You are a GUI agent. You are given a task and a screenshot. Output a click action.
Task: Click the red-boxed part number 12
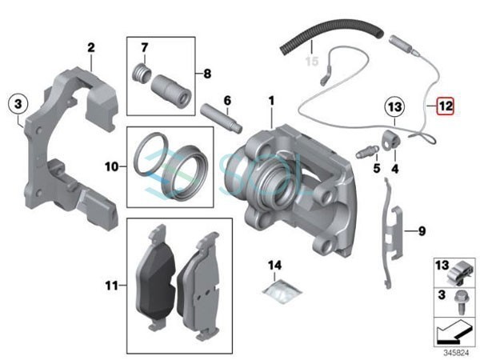click(444, 104)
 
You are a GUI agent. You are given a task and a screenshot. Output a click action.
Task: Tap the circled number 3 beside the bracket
click(18, 104)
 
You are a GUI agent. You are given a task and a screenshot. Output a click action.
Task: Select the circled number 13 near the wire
click(392, 105)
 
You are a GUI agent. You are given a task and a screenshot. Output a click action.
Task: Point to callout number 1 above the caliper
click(271, 101)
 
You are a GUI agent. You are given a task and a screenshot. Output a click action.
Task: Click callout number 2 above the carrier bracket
click(91, 48)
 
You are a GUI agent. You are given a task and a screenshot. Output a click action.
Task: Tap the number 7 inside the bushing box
click(207, 74)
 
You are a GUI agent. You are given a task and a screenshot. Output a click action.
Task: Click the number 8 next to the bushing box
click(422, 231)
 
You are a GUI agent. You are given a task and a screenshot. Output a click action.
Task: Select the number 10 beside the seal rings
click(111, 167)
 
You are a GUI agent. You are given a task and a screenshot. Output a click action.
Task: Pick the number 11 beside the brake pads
click(111, 284)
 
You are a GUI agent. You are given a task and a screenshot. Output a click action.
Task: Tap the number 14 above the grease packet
click(275, 264)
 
